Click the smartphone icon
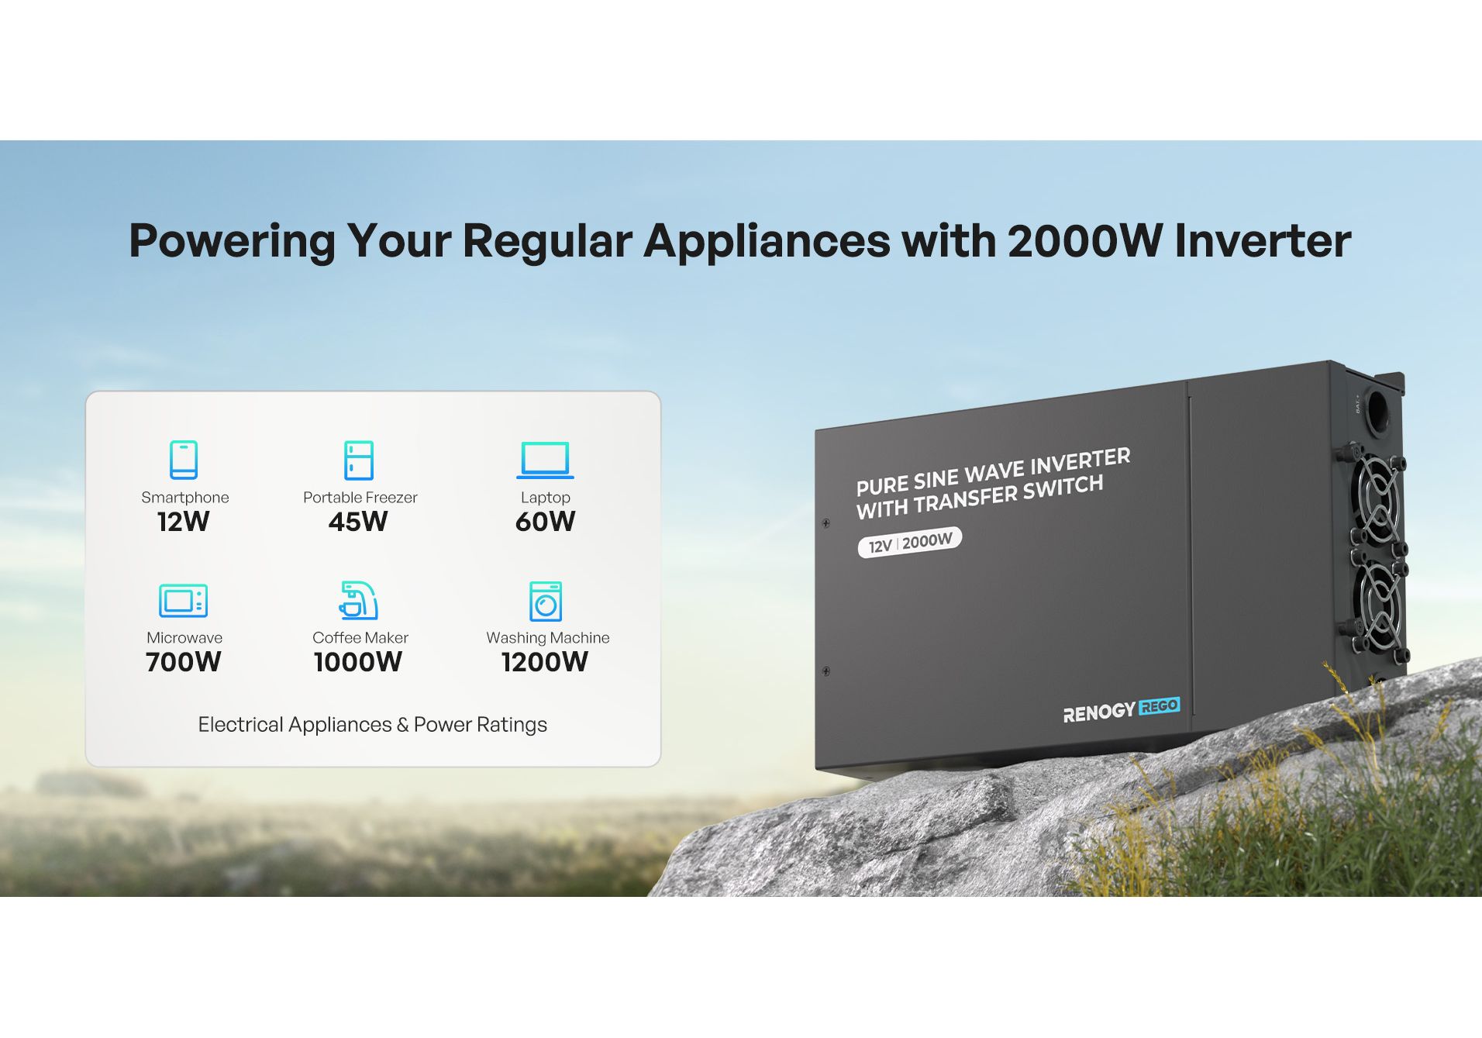[x=184, y=460]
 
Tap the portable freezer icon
[x=359, y=460]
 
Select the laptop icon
[x=545, y=460]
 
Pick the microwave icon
[x=184, y=601]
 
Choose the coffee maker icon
[x=359, y=601]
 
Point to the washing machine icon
[x=546, y=601]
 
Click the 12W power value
[x=184, y=522]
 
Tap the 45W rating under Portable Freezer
[x=358, y=522]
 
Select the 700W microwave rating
[x=184, y=662]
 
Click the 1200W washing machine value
[x=545, y=662]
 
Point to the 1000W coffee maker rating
[x=358, y=662]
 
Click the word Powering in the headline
[x=232, y=242]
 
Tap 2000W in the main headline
[x=1085, y=241]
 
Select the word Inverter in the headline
[x=1263, y=241]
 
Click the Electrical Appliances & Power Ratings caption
[x=373, y=725]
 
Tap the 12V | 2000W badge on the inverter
[x=910, y=542]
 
